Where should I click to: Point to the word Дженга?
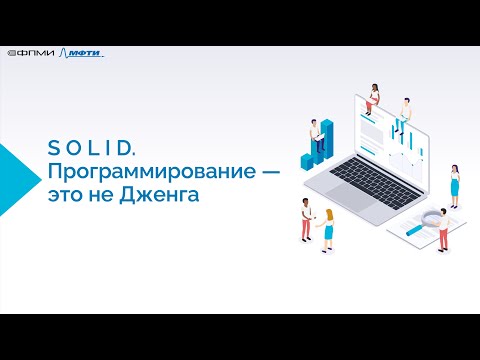tap(160, 195)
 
